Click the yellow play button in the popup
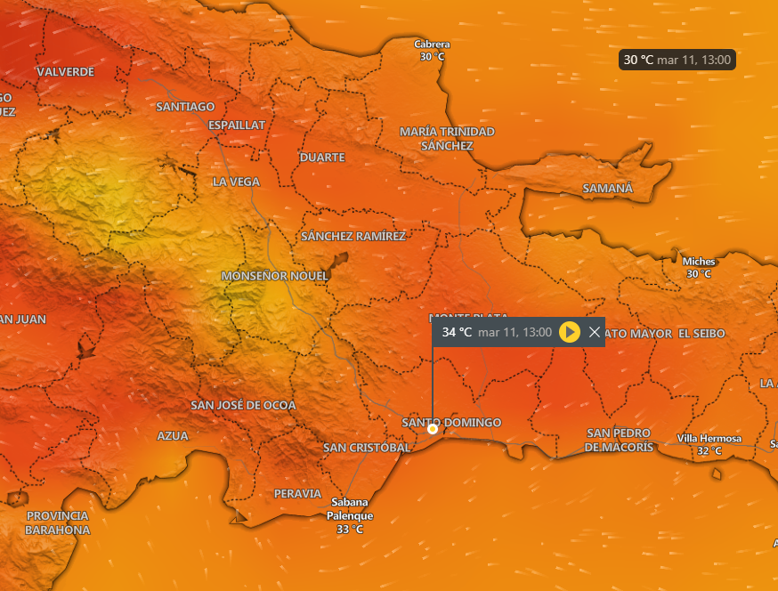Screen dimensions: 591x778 coord(570,332)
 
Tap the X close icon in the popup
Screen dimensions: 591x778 coord(595,332)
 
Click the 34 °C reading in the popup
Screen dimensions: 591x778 coord(457,332)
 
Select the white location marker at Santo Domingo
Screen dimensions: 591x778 coord(433,429)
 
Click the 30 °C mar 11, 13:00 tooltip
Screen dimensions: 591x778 coord(677,60)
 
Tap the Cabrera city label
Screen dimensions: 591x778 coord(433,45)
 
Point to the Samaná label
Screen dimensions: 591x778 coord(607,189)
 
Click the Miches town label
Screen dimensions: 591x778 coord(698,262)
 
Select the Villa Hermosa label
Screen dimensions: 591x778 coord(709,439)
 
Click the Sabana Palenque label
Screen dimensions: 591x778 coord(349,508)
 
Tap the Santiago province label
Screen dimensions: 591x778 coord(185,107)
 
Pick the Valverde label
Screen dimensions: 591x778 coord(66,71)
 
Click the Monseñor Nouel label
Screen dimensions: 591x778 coord(274,276)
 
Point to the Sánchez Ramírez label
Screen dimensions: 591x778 coord(353,237)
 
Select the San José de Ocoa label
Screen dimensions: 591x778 coord(243,405)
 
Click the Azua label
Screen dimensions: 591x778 coord(173,436)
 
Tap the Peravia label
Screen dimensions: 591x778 coord(297,493)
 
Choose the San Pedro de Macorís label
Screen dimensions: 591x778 coord(620,440)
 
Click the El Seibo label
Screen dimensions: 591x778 coord(701,333)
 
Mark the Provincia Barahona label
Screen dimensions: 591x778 coord(57,522)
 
